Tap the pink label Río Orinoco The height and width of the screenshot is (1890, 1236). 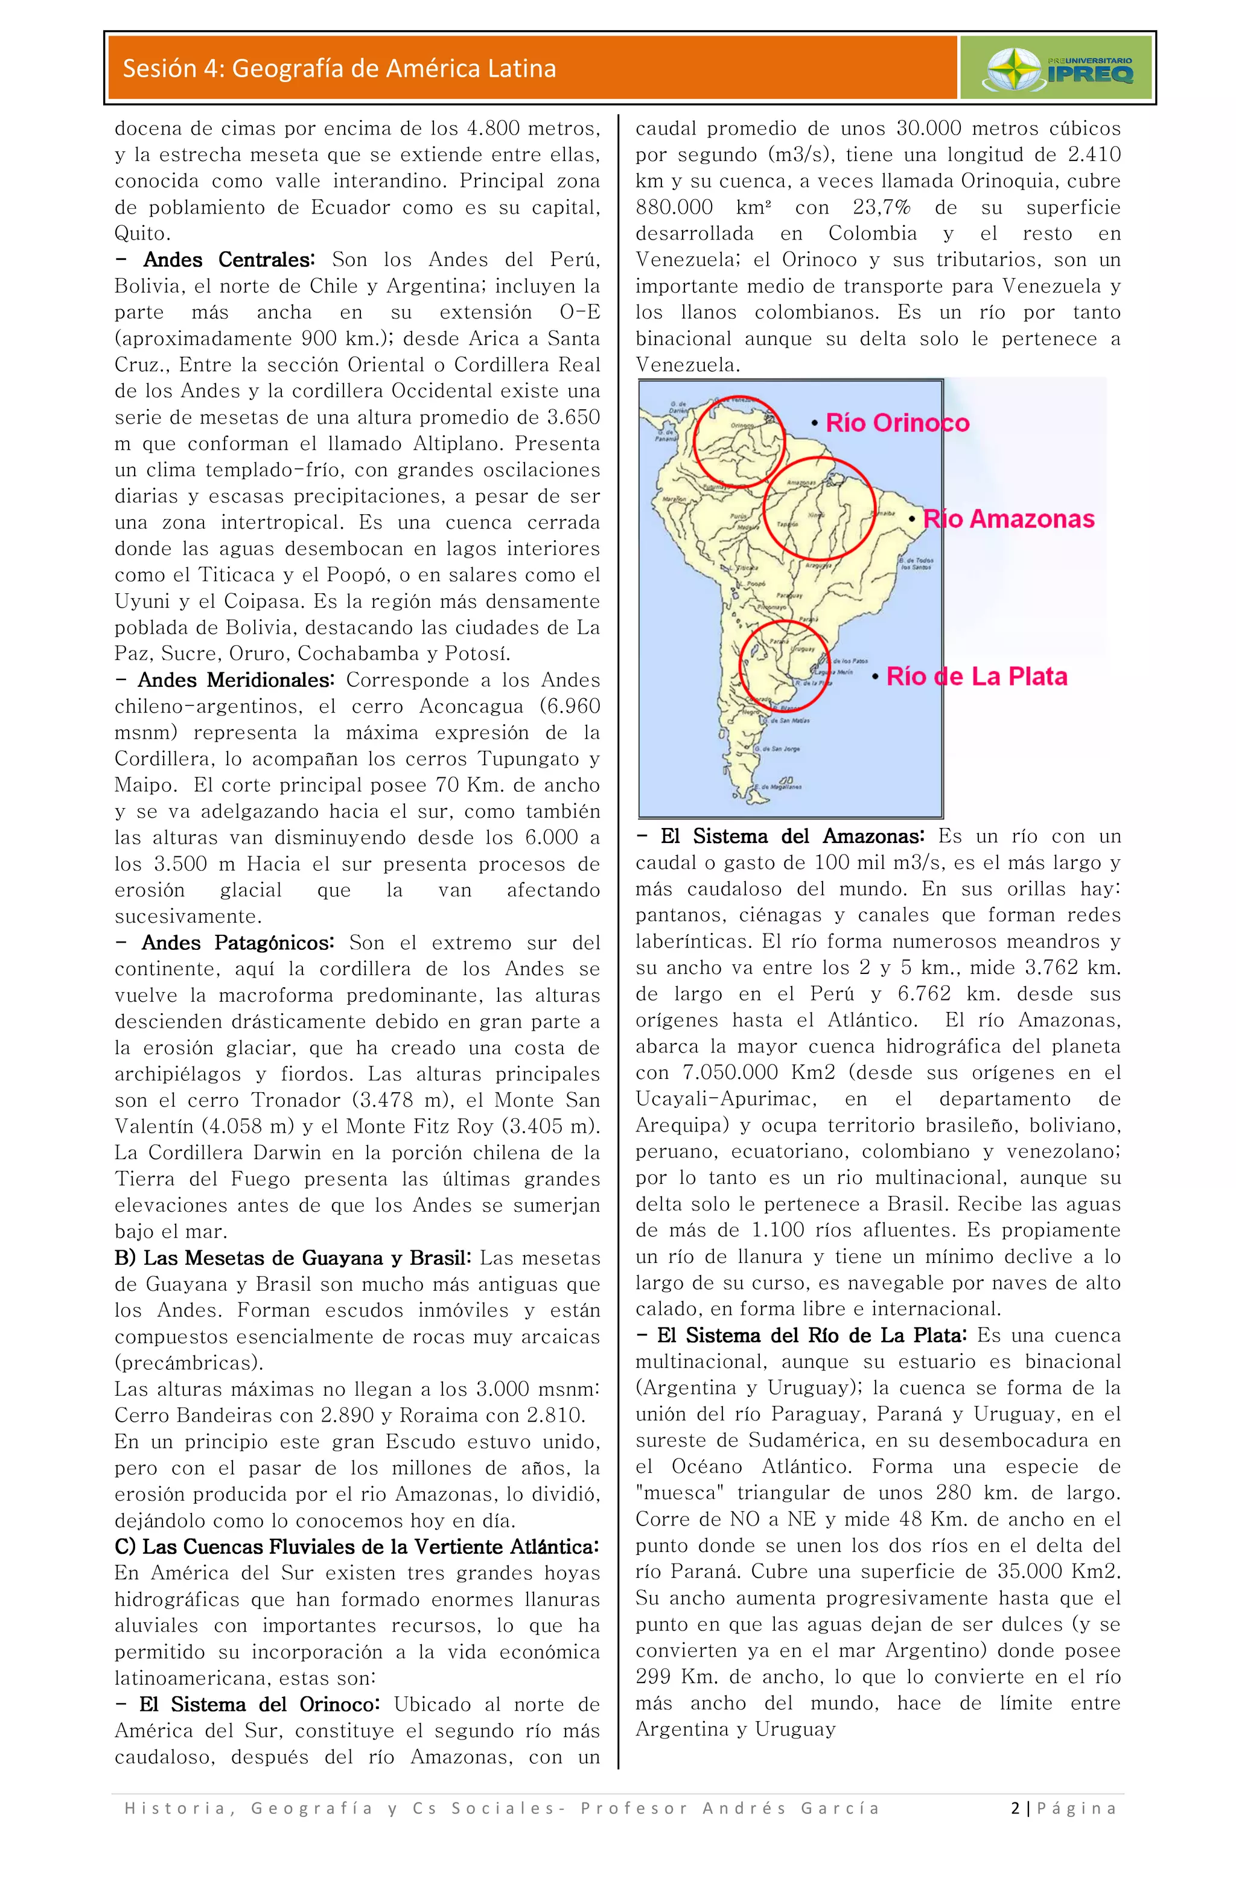(x=897, y=422)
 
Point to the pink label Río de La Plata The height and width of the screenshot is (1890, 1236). (x=976, y=676)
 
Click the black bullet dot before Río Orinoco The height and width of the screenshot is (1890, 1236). (x=814, y=423)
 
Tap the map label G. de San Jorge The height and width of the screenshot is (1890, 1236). (x=776, y=748)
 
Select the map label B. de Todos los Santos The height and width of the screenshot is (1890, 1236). (x=917, y=563)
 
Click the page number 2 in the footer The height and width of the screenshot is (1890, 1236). (x=1015, y=1807)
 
